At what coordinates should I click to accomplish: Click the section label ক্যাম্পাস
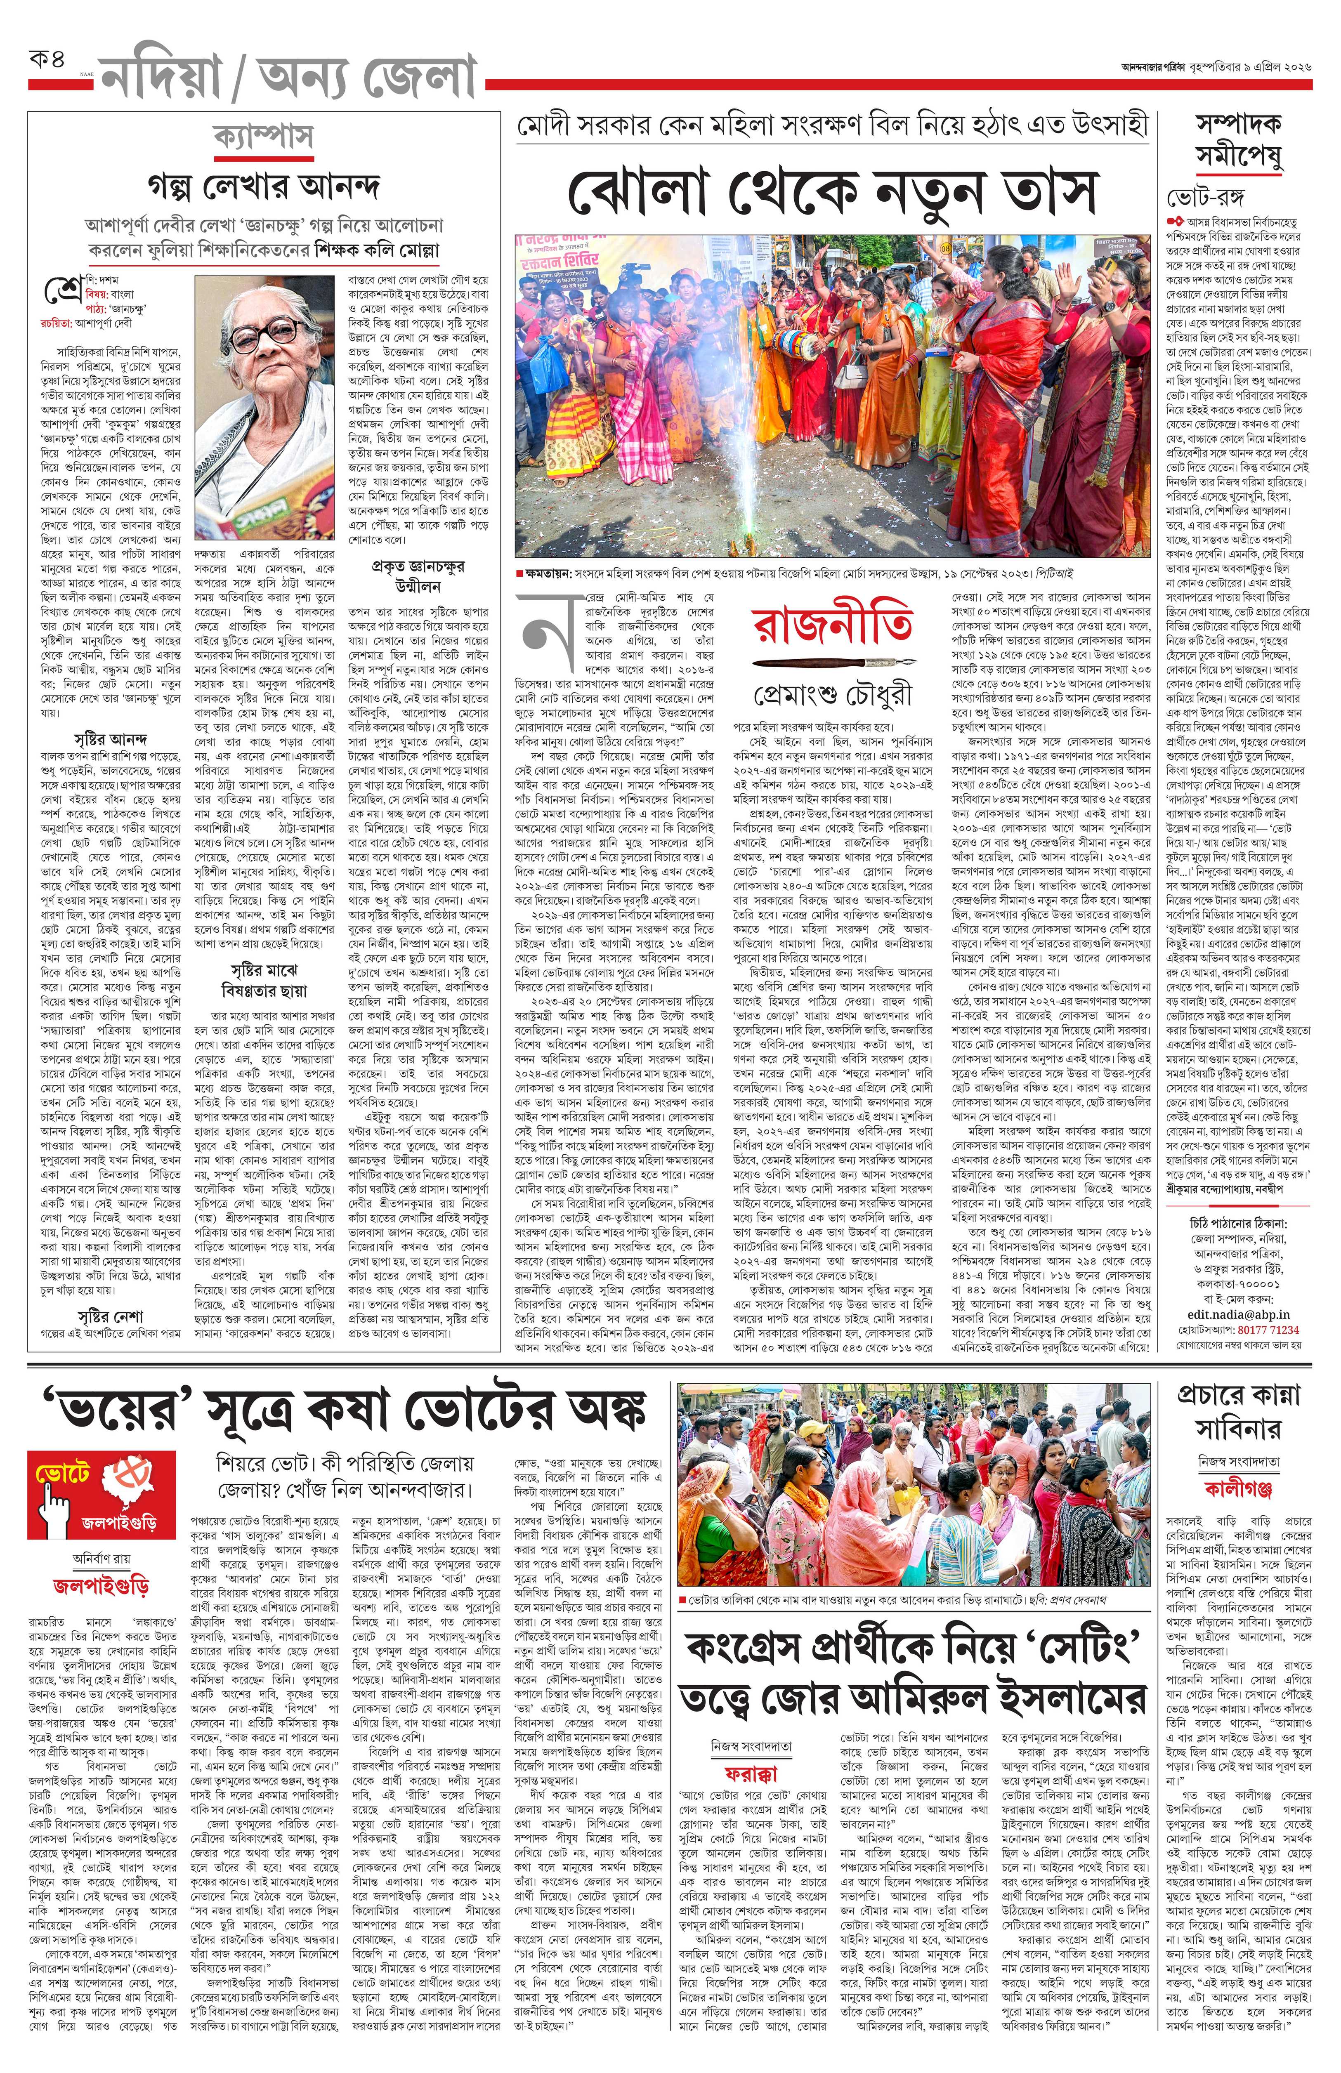[x=263, y=137]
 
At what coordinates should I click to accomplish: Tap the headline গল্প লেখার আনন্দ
[x=263, y=186]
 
